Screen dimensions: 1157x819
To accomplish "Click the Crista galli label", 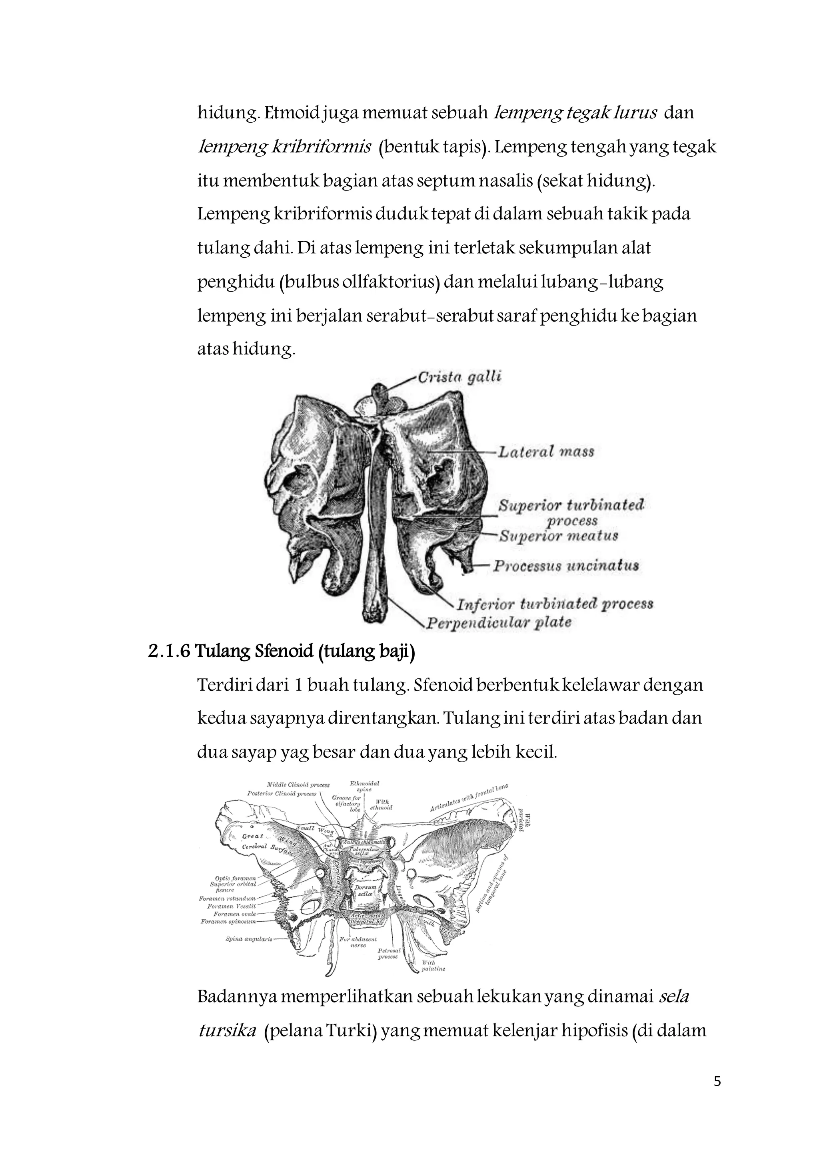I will pos(459,378).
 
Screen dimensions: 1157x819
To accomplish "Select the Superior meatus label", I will pos(558,536).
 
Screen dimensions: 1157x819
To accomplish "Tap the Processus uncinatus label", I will pos(566,565).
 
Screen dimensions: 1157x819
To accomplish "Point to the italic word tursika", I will pos(227,1031).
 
